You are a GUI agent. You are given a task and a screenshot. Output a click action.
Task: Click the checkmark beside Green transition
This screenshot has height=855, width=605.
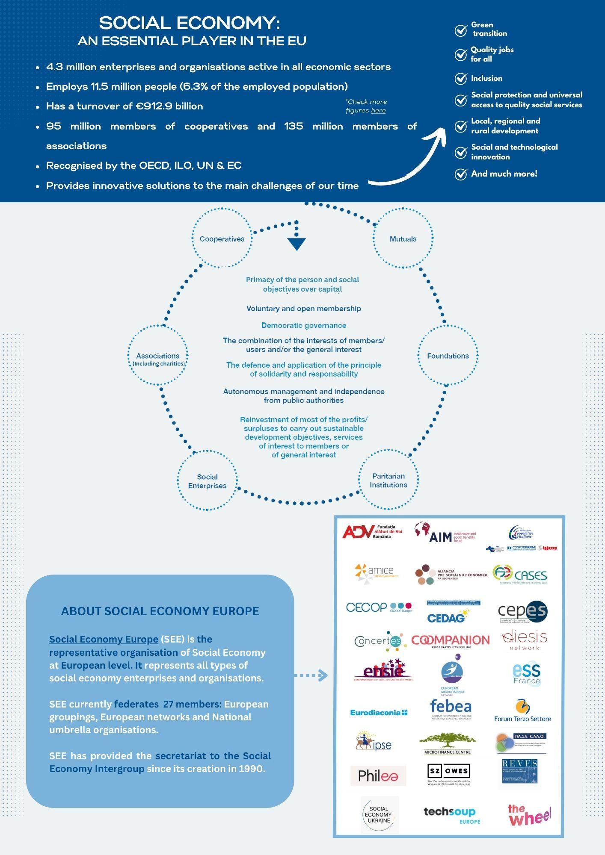coord(461,30)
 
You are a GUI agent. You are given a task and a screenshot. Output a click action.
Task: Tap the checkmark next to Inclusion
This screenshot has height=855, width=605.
coord(461,79)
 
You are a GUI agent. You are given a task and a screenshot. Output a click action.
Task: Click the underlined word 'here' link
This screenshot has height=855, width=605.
coord(378,111)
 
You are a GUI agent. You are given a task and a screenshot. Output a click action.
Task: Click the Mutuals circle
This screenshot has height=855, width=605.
coord(403,239)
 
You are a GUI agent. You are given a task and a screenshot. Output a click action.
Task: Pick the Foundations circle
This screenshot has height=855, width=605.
coord(448,356)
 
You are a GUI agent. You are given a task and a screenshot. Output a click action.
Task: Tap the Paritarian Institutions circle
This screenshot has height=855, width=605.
coord(389,480)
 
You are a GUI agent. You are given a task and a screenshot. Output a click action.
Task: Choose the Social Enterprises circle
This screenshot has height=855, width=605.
coord(208,481)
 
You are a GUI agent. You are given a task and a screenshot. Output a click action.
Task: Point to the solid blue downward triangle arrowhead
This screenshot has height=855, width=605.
coord(297,244)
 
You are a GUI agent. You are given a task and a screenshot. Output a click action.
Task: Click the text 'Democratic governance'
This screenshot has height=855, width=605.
coord(304,326)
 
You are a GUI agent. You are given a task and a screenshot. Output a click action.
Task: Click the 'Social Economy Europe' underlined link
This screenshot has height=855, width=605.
coord(104,639)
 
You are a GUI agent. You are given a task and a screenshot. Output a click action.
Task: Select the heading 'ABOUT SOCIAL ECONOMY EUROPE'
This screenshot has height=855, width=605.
coord(160,611)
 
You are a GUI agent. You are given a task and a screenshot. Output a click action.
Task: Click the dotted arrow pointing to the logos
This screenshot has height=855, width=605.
coord(311,675)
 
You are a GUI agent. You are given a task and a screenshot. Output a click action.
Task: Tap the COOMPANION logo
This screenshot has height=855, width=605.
coord(450,640)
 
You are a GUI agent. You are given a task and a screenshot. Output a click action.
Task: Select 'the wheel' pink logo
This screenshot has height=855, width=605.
coord(529,815)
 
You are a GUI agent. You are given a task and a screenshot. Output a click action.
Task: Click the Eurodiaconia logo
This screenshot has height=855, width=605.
coord(379,713)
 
